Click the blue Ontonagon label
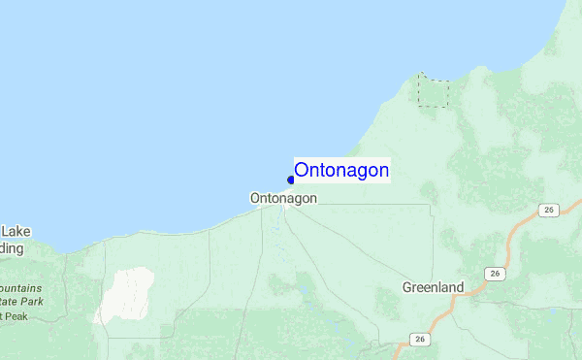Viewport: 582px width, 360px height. pos(341,171)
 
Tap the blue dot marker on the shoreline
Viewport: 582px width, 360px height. pos(291,180)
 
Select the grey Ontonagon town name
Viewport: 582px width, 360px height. pos(283,198)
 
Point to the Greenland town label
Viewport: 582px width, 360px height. pos(433,287)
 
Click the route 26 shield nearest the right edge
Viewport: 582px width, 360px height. pos(549,210)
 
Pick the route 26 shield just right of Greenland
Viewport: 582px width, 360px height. pos(496,274)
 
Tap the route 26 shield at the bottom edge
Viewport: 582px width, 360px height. pos(419,339)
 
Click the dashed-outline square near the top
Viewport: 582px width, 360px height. pos(434,90)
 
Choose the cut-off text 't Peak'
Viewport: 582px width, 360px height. pos(15,316)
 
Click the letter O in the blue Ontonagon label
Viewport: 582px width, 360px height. pos(302,171)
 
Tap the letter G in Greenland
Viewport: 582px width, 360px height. pos(408,287)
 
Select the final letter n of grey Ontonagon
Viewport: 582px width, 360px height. pos(312,198)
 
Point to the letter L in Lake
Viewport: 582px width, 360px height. pos(4,232)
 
